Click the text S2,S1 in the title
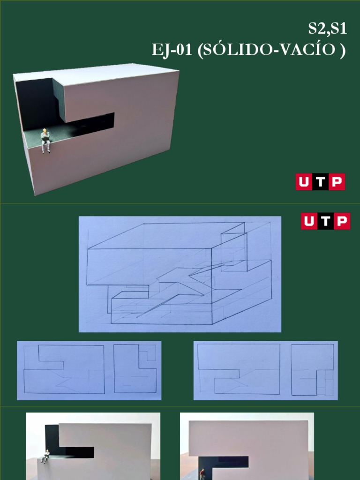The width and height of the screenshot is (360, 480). click(327, 29)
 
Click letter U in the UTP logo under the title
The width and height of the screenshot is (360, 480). click(303, 182)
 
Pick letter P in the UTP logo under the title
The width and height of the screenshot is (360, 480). click(337, 182)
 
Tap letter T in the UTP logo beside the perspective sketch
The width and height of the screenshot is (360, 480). click(325, 221)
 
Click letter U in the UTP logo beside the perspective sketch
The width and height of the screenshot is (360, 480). click(309, 221)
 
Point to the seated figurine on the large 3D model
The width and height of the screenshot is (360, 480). click(45, 140)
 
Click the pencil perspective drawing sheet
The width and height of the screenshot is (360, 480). click(180, 274)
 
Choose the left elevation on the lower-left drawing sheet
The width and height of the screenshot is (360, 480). click(64, 369)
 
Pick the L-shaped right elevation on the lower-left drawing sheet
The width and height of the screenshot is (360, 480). click(135, 369)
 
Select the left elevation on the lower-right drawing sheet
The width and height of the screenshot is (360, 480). click(239, 369)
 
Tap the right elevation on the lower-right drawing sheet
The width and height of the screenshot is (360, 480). click(312, 369)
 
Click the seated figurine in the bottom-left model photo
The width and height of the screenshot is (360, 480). click(46, 456)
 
